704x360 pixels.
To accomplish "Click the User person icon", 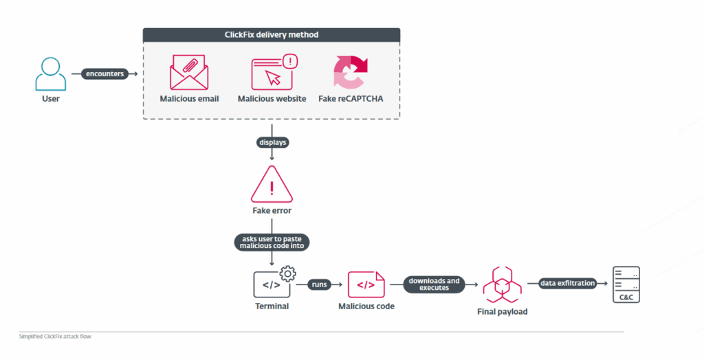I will [50, 74].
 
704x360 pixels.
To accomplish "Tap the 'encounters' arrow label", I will [104, 74].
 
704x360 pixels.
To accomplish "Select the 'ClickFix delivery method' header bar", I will [272, 34].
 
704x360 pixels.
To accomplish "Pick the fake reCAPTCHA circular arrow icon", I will [351, 73].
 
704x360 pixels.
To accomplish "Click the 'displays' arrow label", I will [272, 143].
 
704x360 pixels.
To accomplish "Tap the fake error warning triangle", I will [272, 185].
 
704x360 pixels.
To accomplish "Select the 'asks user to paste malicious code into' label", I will [272, 242].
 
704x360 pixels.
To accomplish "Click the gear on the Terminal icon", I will [287, 273].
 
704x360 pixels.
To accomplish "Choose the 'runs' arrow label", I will [319, 284].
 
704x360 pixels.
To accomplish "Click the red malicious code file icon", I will [366, 284].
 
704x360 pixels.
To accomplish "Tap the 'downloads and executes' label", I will [434, 284].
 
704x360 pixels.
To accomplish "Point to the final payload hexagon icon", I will [502, 284].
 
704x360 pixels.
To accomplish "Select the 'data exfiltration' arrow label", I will [567, 284].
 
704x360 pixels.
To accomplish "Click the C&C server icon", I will [626, 284].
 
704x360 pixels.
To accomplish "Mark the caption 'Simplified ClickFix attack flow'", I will [55, 337].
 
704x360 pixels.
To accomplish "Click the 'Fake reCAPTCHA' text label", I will [351, 99].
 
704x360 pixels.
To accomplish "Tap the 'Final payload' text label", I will [502, 312].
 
